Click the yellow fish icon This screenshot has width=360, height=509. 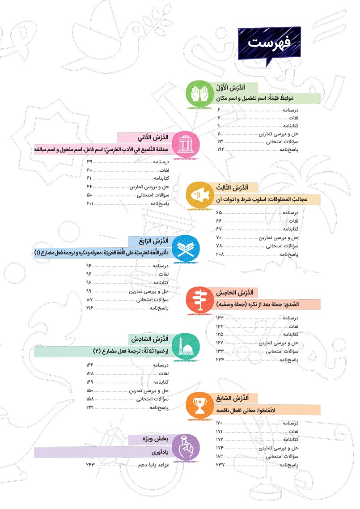click(x=198, y=195)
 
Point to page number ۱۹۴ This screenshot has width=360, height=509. click(x=220, y=149)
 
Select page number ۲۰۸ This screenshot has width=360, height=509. click(x=220, y=254)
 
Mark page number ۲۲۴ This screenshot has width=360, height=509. click(x=220, y=360)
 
